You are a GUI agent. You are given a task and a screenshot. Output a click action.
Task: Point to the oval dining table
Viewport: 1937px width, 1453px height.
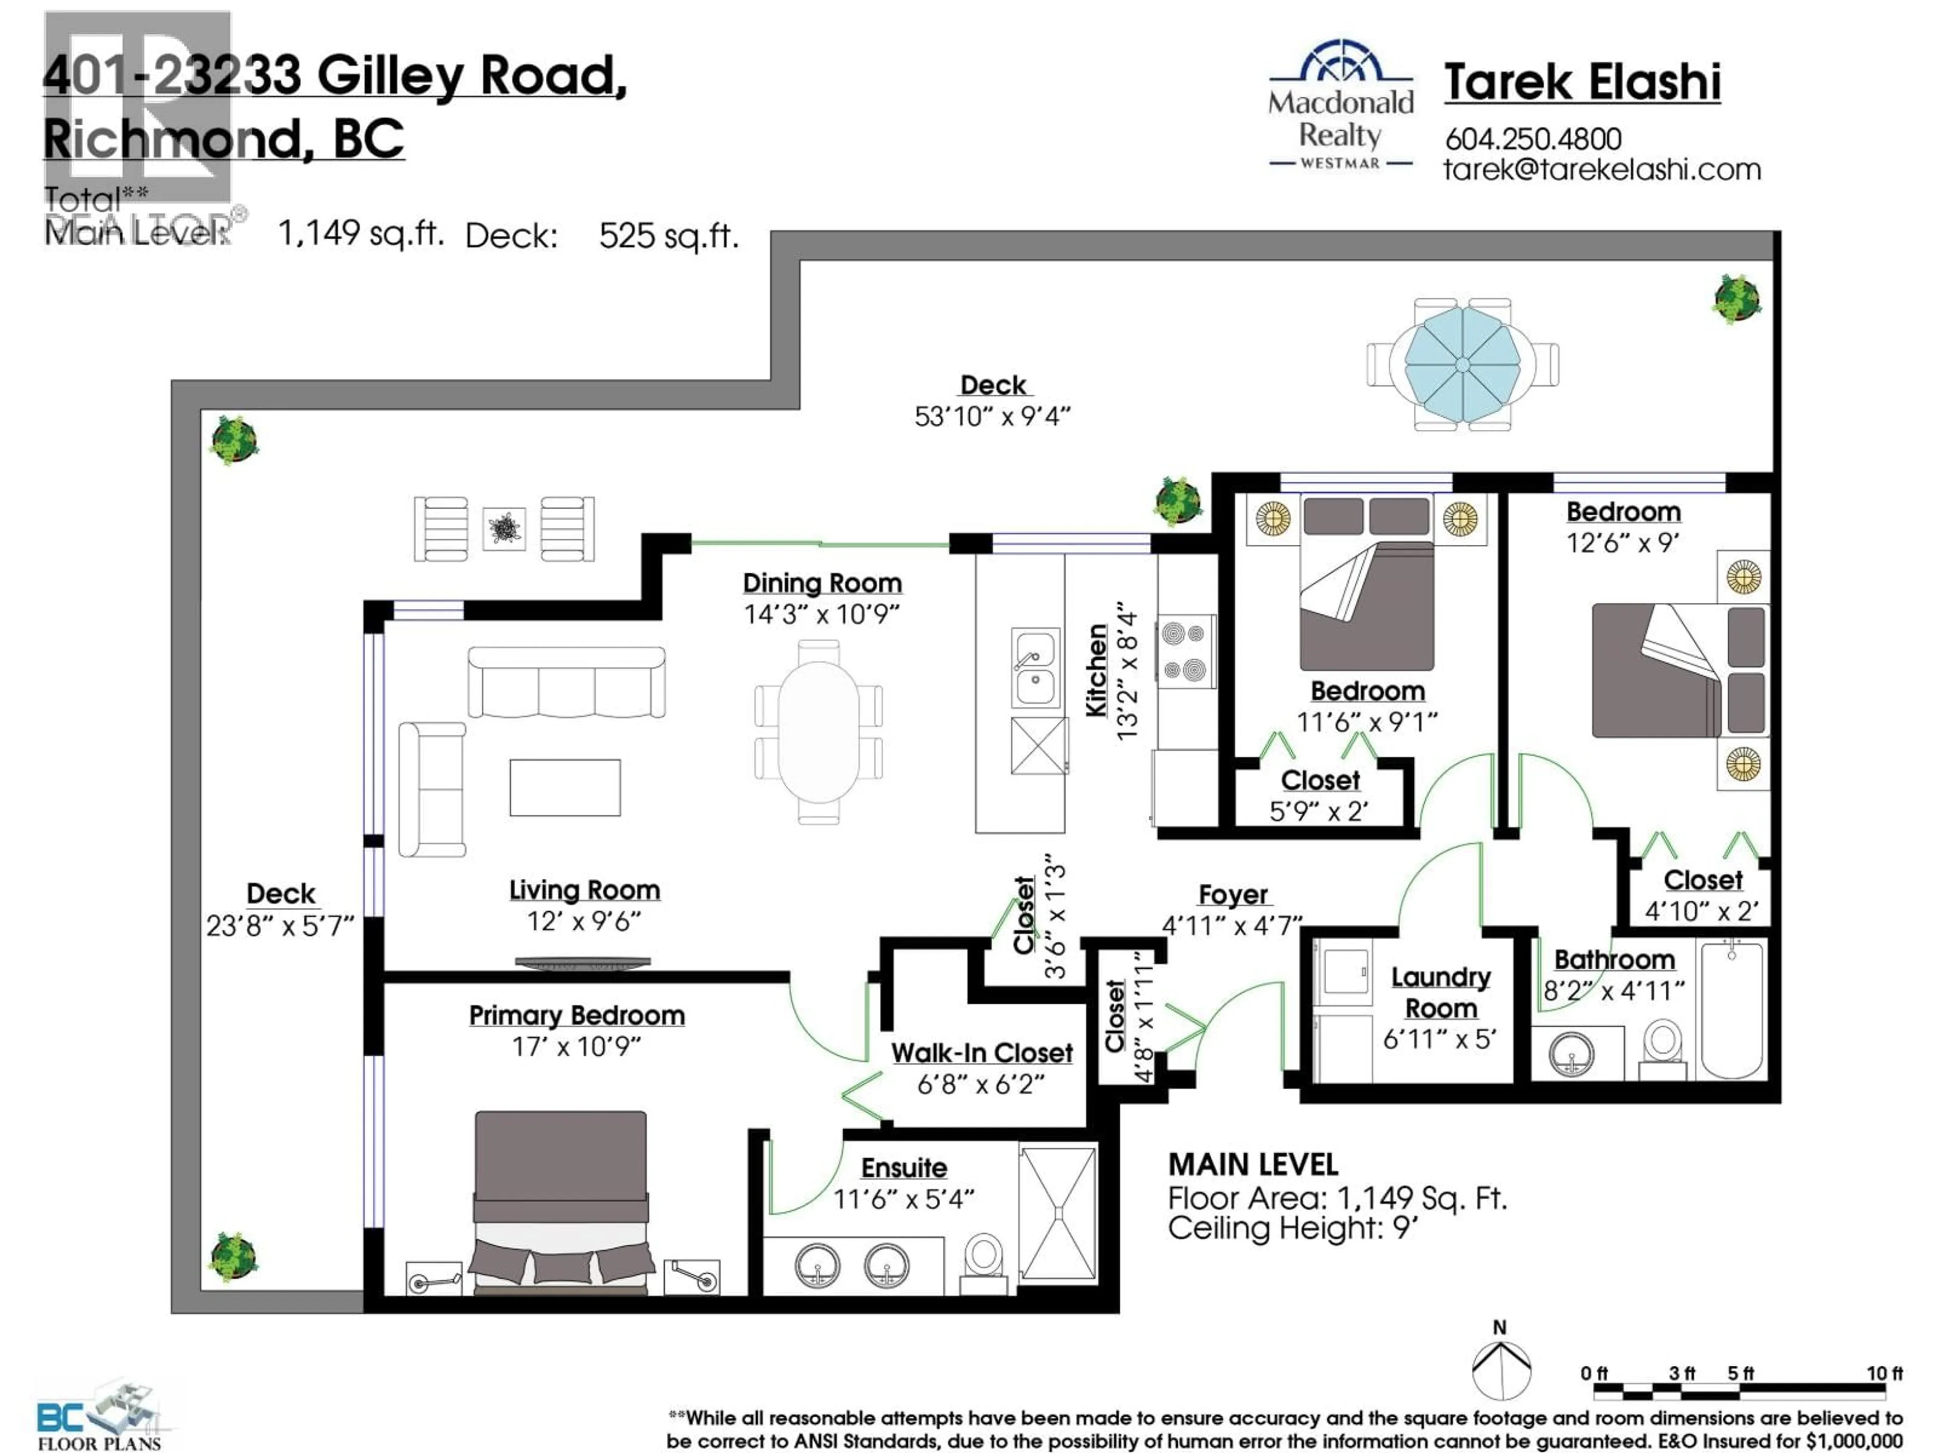click(818, 732)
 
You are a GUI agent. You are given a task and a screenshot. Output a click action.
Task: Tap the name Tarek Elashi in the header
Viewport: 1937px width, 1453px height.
click(1581, 82)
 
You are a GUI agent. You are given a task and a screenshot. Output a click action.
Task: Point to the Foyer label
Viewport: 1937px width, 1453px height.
click(1232, 895)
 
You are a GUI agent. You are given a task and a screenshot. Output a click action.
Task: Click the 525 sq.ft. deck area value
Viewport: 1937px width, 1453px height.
click(668, 236)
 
